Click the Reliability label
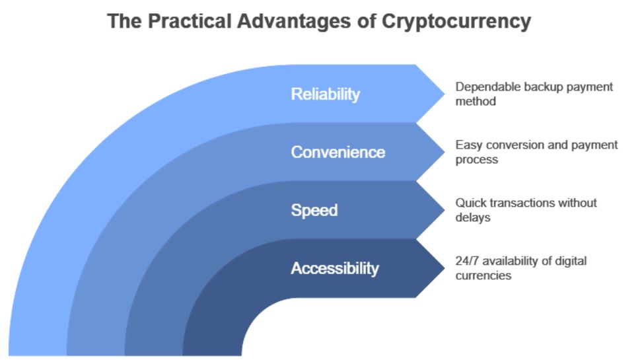click(325, 94)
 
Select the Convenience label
click(337, 153)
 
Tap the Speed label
click(314, 211)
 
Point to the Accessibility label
click(335, 269)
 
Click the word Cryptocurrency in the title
click(456, 22)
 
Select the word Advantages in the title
click(294, 22)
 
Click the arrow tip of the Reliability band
click(444, 94)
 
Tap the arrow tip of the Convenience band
click(444, 152)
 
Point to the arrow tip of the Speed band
click(444, 210)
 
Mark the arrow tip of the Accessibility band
click(444, 268)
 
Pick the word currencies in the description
click(483, 275)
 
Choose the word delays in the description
click(472, 218)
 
